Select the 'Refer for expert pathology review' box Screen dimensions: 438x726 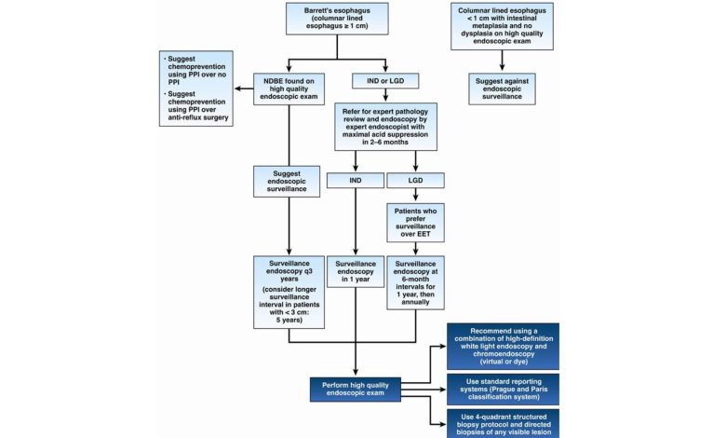[x=383, y=131]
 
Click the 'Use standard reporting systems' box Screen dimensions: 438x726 [x=502, y=389]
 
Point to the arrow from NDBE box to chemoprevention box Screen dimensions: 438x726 [x=244, y=89]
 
